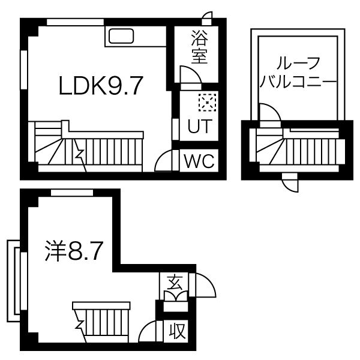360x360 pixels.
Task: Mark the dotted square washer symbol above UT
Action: [208, 103]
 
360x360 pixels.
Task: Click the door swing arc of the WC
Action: [163, 160]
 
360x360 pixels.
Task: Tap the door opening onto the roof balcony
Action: [268, 113]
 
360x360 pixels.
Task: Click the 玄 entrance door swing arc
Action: [200, 284]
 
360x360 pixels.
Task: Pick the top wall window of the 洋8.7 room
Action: [71, 192]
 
